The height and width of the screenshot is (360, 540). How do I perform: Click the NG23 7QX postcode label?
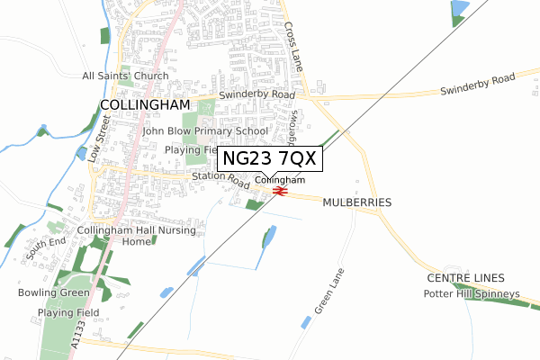(267, 159)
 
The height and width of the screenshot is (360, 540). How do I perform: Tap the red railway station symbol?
(280, 191)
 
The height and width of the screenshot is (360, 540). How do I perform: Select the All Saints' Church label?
(125, 76)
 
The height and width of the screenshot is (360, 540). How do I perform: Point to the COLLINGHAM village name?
(144, 104)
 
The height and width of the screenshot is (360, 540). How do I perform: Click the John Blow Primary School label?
(205, 131)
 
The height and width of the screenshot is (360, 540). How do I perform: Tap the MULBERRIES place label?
(357, 202)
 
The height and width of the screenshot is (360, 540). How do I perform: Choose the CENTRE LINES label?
(466, 278)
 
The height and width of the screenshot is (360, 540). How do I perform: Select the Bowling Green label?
(52, 293)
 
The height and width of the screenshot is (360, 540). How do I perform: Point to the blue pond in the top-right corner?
(459, 9)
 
